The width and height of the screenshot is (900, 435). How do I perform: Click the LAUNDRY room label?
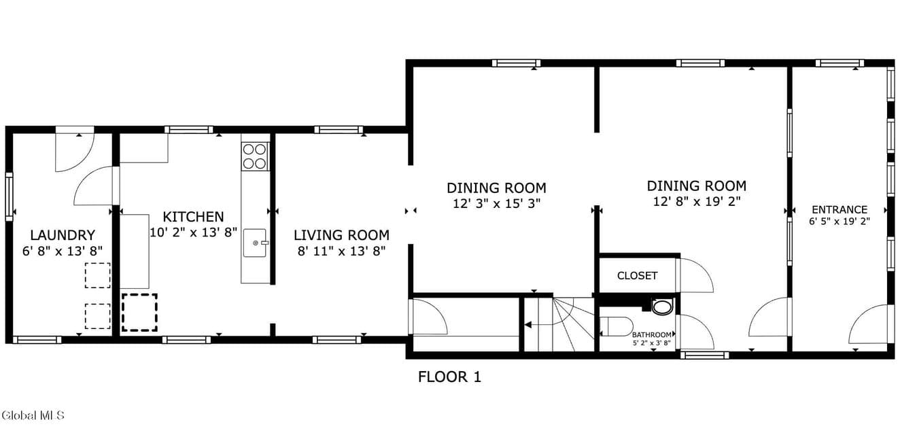[x=63, y=235]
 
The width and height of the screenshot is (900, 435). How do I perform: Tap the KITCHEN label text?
[x=193, y=217]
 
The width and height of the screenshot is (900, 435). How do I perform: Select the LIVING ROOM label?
[x=341, y=235]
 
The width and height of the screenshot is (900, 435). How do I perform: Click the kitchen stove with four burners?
[x=255, y=156]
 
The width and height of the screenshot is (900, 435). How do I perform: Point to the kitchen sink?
[x=255, y=243]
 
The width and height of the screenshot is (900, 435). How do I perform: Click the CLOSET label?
[x=637, y=275]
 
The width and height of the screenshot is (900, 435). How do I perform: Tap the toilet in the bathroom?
[x=616, y=326]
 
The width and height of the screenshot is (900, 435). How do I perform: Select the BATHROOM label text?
[x=651, y=334]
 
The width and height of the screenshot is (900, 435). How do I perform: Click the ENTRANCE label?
[x=840, y=209]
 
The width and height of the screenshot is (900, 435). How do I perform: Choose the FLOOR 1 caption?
[x=449, y=377]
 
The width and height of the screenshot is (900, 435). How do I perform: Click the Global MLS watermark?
[x=33, y=415]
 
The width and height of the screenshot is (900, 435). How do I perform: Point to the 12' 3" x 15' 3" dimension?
[x=497, y=204]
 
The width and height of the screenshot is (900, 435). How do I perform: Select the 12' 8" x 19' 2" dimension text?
[x=697, y=201]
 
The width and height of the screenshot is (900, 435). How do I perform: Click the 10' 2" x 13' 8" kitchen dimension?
[x=193, y=232]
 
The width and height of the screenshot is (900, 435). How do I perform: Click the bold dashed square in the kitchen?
[x=139, y=313]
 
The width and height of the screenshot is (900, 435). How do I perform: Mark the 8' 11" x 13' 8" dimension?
[x=341, y=251]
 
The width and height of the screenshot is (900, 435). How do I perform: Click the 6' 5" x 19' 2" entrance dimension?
[x=840, y=222]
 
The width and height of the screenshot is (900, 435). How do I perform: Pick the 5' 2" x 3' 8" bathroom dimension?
[x=651, y=343]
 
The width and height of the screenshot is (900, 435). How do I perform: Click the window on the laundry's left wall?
[x=9, y=196]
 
